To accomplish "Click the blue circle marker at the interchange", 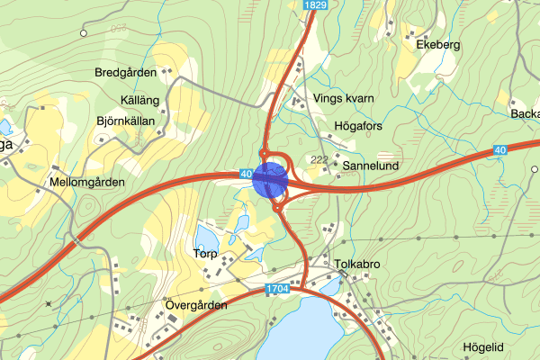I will [270, 179].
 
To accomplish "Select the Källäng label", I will [139, 100].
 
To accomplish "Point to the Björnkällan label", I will [125, 121].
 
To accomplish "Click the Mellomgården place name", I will [87, 182].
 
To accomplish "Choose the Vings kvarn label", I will [343, 98].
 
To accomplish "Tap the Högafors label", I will [358, 126].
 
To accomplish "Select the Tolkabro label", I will [359, 264].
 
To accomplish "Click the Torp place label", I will [205, 254].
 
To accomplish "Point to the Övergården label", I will [197, 305].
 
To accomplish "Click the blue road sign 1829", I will [315, 5].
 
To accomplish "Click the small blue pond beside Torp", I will [206, 238].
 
